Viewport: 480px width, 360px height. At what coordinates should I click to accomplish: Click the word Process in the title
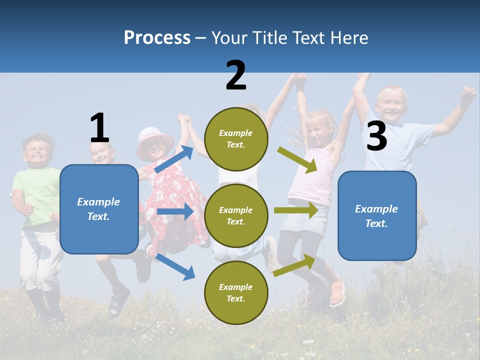point(157,38)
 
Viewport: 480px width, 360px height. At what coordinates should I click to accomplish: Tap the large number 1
point(99,128)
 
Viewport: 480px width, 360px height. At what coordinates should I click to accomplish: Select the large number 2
point(235,75)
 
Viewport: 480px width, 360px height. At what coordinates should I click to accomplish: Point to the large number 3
point(376,136)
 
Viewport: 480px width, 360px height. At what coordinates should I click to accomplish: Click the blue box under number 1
point(99,209)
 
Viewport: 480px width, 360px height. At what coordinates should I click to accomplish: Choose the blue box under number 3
point(377,215)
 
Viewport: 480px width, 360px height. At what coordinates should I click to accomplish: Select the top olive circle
point(236,139)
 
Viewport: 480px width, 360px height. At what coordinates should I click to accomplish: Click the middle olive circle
point(236,215)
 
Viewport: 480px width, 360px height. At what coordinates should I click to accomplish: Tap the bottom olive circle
point(236,292)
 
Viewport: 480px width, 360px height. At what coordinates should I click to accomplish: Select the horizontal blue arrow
point(175,211)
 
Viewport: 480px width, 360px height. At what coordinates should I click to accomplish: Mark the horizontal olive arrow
point(296,210)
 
